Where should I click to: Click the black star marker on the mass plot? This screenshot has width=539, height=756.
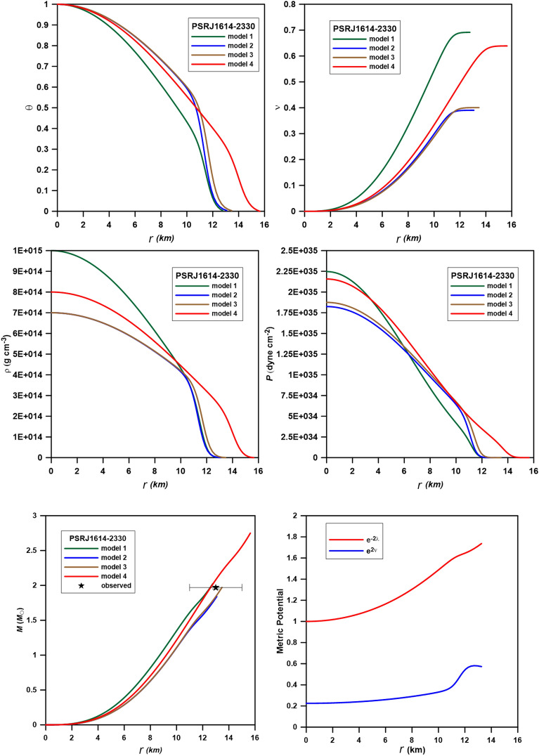216,587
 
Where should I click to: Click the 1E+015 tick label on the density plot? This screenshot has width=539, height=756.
25,251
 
